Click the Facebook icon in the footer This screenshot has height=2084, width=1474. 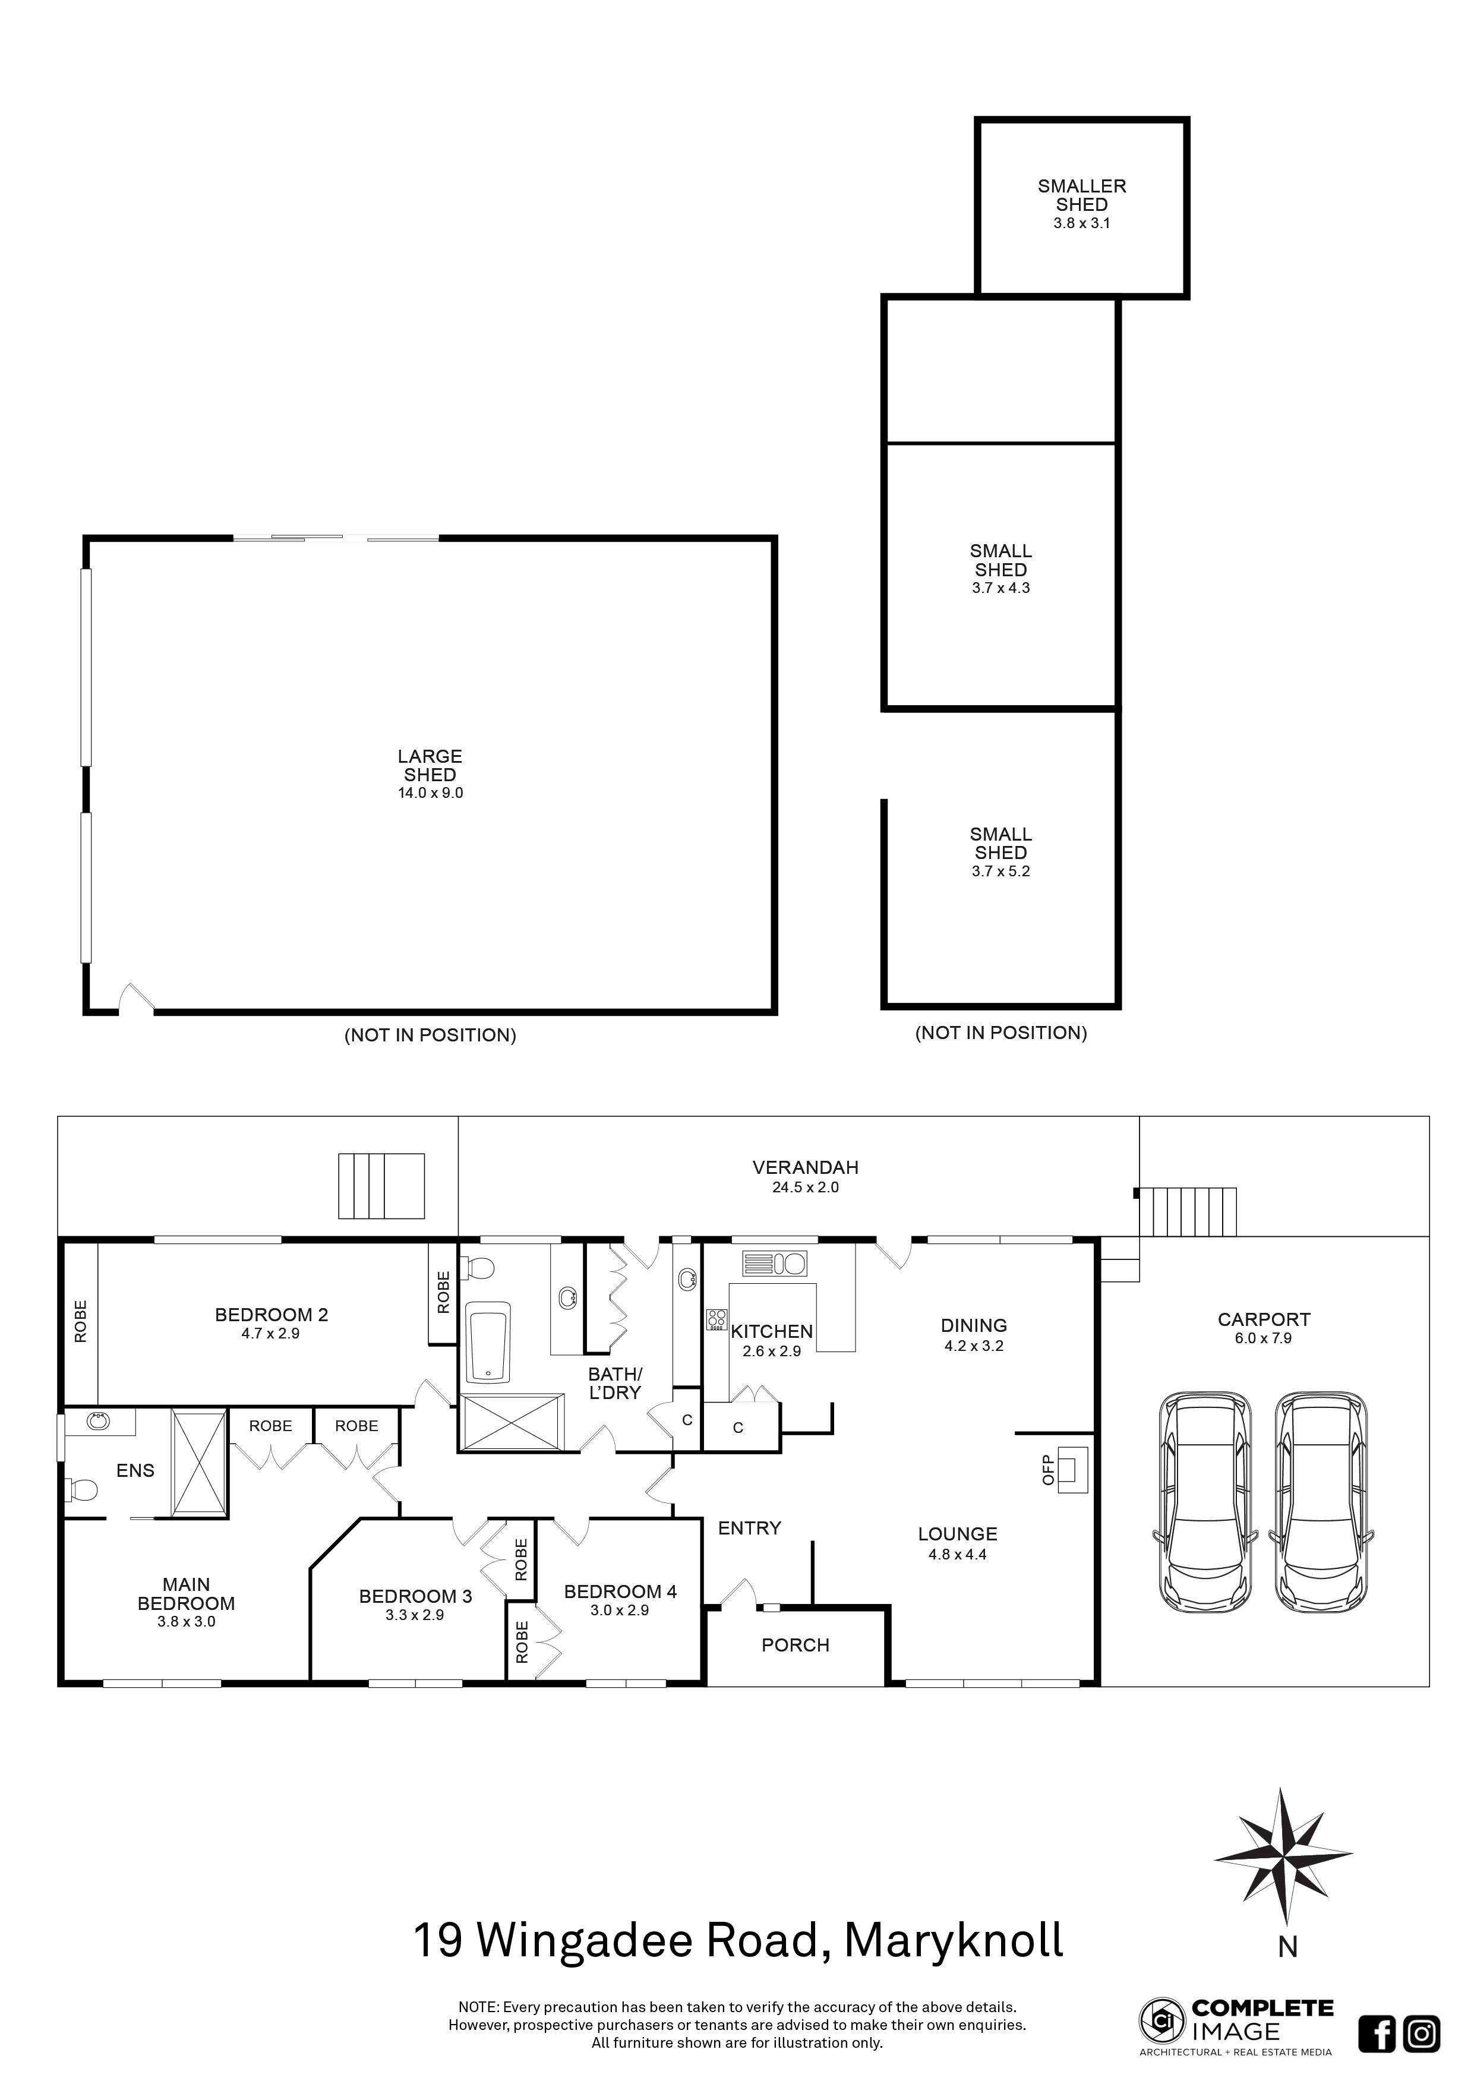click(1377, 2033)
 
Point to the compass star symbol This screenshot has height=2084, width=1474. click(1283, 1859)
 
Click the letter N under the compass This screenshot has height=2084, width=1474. click(1287, 1946)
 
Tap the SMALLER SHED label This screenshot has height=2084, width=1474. click(1082, 195)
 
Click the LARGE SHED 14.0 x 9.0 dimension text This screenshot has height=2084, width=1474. click(430, 792)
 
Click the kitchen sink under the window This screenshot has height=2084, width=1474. click(774, 1264)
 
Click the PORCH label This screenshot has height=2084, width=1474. click(795, 1645)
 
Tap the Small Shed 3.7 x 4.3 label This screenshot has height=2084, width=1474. click(1000, 569)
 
